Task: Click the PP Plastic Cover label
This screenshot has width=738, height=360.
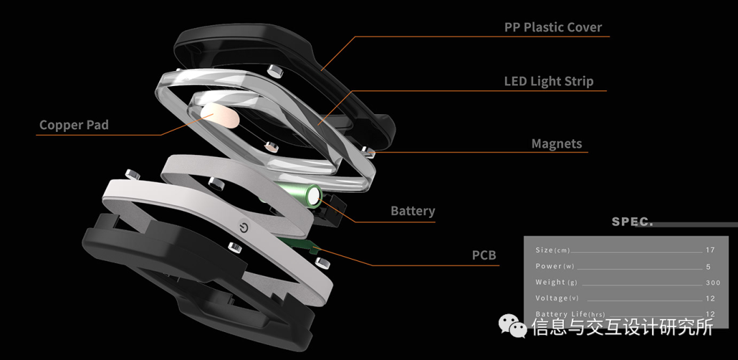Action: tap(553, 28)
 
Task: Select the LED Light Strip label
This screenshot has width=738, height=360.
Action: tap(549, 81)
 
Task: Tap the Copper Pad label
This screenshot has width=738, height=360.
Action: tap(74, 125)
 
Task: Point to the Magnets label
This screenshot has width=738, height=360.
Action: tap(556, 144)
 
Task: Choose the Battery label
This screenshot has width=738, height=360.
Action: tap(413, 211)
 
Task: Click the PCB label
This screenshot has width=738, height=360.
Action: tap(484, 255)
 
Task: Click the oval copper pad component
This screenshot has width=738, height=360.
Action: tap(220, 116)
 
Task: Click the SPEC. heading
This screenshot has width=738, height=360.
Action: tap(632, 222)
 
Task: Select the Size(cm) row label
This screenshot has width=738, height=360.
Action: tap(553, 250)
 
